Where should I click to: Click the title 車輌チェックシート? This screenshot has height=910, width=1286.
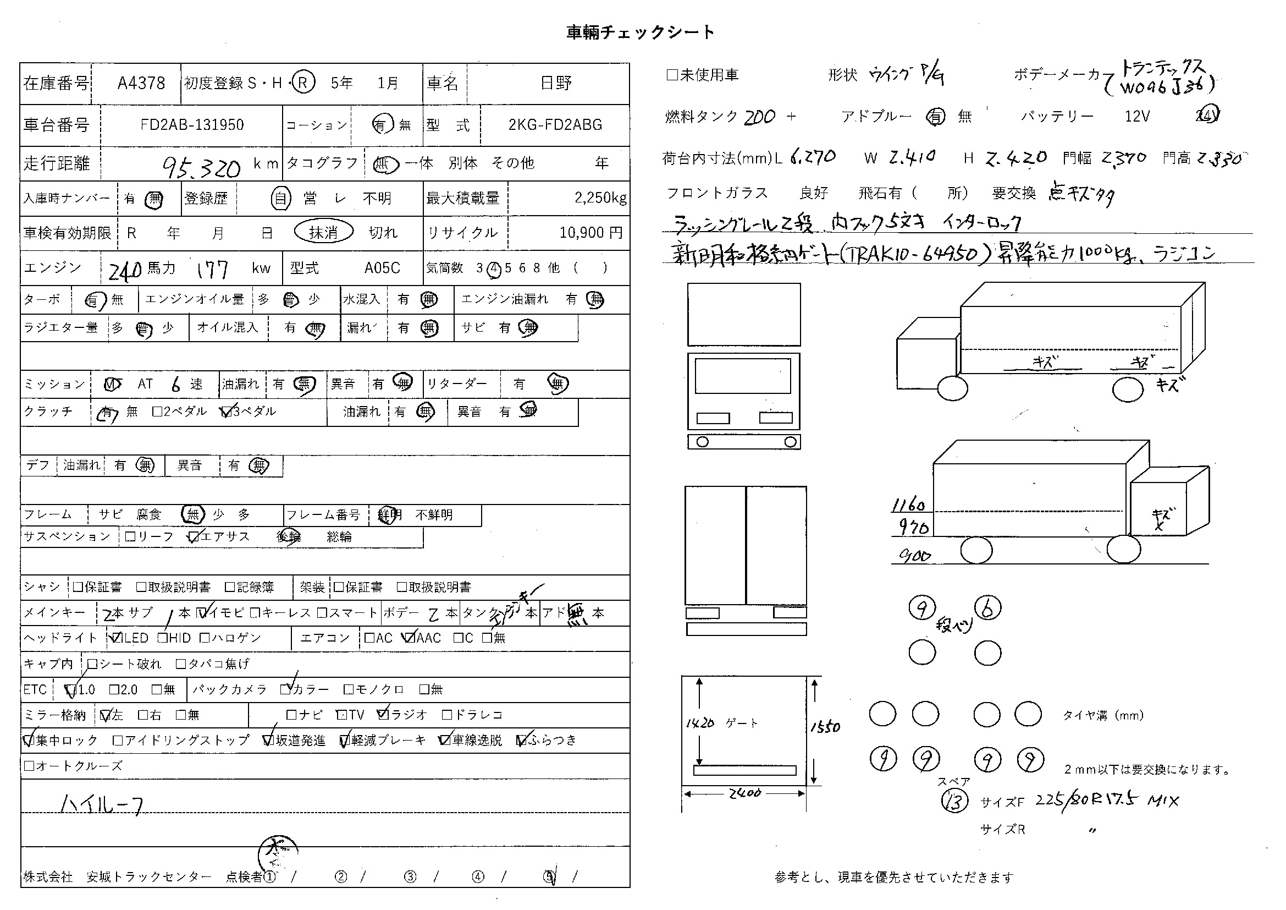coord(640,32)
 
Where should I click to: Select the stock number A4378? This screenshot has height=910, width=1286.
coord(141,84)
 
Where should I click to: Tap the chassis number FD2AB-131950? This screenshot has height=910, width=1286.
coord(192,124)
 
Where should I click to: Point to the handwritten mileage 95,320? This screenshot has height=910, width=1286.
coord(201,166)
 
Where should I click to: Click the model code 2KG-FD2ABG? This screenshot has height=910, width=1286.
coord(555,124)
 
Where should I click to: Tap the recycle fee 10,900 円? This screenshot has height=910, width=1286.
coord(591,233)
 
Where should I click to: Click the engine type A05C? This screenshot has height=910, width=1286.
coord(382,268)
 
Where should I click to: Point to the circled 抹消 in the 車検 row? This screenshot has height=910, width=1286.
coord(324,232)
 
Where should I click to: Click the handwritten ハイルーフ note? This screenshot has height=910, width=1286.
coord(102,805)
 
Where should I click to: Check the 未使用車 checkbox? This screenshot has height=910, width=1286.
coord(672,75)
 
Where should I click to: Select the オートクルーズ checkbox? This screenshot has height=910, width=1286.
coord(29,766)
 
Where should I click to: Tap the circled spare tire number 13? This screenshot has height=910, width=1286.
coord(954,801)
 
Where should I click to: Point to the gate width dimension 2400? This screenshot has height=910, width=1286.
coord(745,793)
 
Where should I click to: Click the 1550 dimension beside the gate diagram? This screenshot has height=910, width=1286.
coord(826,727)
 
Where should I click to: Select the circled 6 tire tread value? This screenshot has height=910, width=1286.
coord(988,608)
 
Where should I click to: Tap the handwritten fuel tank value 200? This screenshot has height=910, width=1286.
coord(760,117)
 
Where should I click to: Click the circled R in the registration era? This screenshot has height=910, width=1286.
coord(303,83)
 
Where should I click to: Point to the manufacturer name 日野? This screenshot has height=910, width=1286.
coord(556,84)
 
